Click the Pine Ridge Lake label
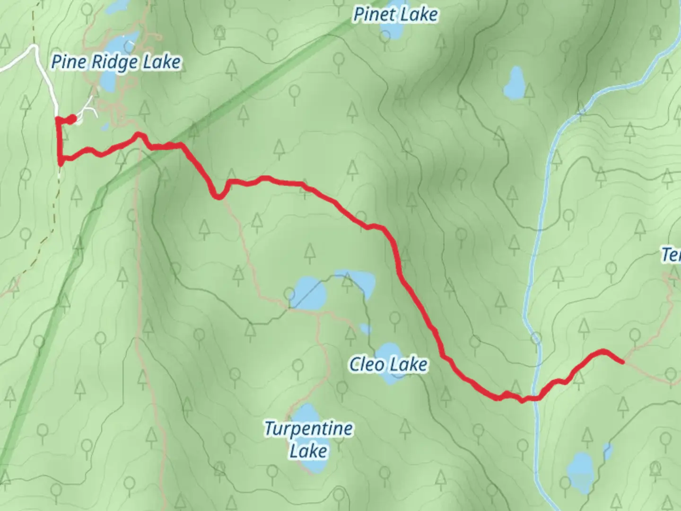[x=116, y=62]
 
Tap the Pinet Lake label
[x=395, y=15]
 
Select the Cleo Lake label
[x=388, y=364]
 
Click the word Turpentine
[x=308, y=429]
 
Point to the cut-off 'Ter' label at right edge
[x=671, y=255]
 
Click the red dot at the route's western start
[x=71, y=119]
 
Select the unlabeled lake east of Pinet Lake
[x=514, y=83]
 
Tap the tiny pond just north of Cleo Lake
[x=365, y=328]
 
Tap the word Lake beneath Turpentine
[x=308, y=451]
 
